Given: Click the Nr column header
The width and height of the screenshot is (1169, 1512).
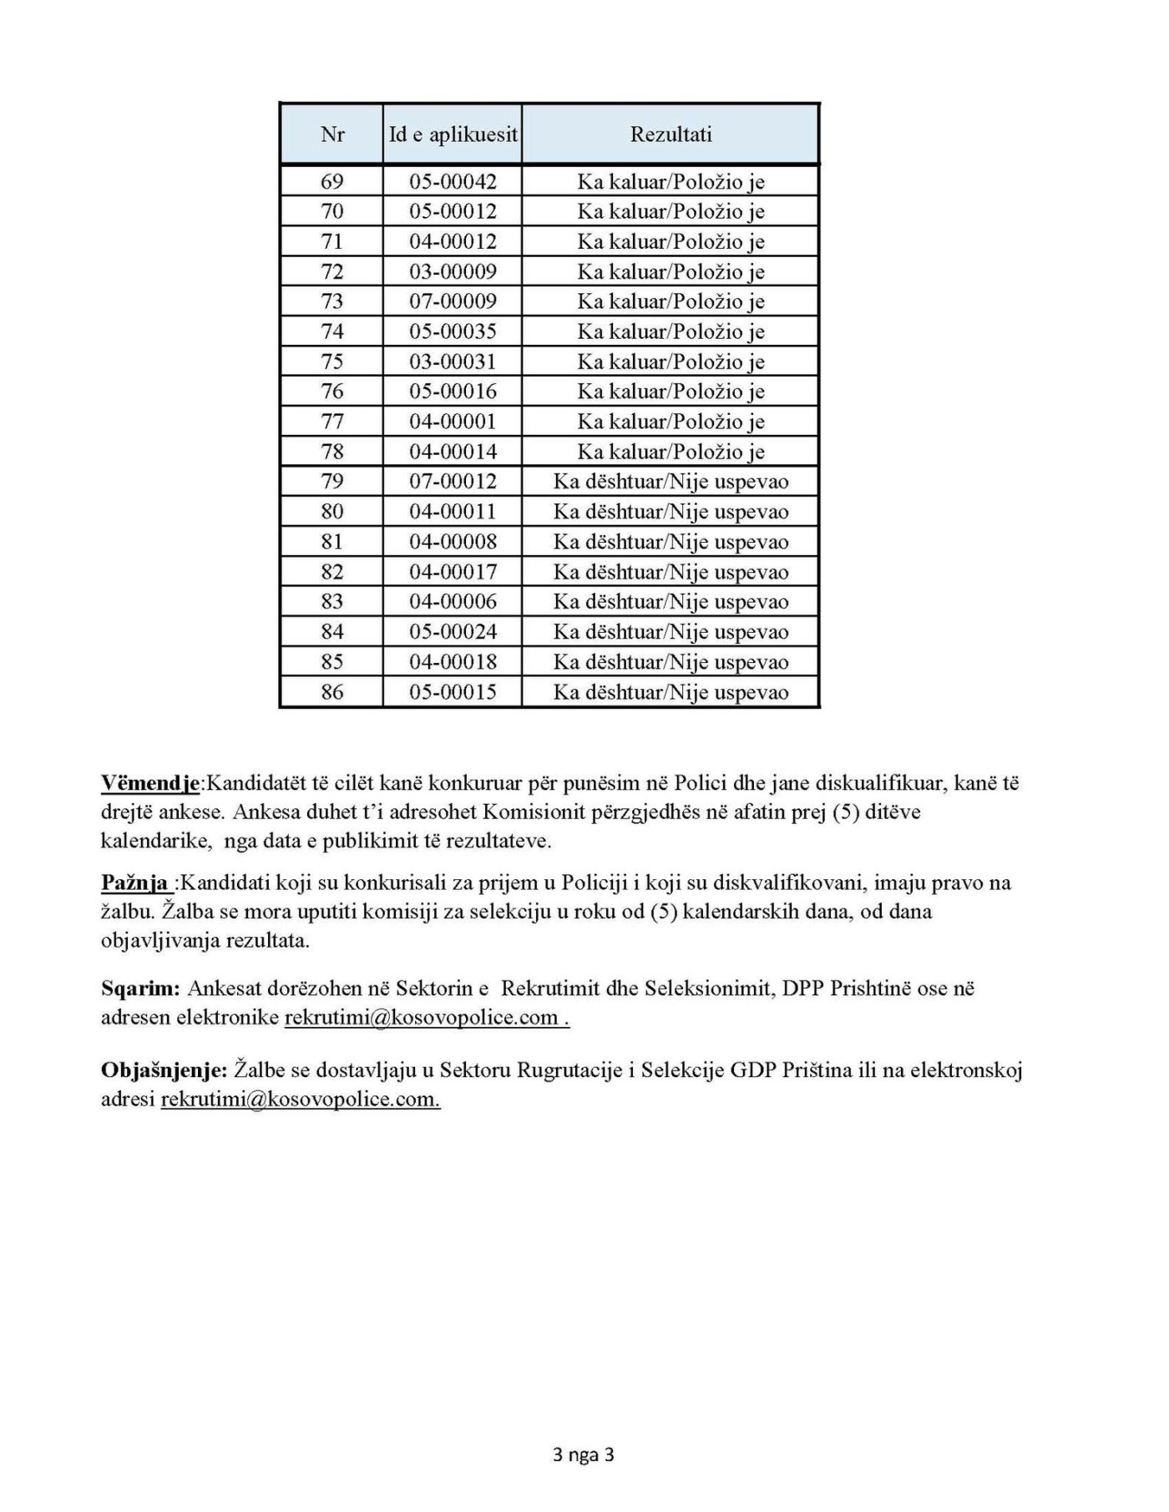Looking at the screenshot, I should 331,134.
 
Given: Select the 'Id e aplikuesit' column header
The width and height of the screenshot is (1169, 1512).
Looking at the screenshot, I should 453,134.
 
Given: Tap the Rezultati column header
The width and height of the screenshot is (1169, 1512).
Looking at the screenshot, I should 671,134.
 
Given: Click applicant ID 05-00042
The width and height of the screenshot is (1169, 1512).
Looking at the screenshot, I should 453,182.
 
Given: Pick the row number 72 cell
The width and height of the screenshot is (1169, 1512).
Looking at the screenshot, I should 331,272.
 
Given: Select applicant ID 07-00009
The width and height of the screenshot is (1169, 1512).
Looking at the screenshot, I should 453,301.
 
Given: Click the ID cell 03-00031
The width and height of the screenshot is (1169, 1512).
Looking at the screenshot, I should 453,362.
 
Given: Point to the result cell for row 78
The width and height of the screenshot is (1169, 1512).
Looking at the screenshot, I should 671,452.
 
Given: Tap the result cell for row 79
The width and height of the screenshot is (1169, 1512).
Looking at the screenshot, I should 671,482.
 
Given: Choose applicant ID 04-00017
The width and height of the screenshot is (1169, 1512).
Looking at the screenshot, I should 453,572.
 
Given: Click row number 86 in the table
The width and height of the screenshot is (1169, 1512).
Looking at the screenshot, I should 331,692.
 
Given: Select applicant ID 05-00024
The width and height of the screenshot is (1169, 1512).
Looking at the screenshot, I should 453,632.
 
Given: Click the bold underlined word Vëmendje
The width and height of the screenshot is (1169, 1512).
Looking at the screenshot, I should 150,784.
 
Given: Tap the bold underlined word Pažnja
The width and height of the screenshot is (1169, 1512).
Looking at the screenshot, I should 136,883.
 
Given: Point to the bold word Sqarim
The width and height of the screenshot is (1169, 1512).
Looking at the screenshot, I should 140,989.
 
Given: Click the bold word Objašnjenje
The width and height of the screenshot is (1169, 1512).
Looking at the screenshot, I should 164,1070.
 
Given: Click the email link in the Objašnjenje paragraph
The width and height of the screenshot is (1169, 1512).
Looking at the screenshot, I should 300,1100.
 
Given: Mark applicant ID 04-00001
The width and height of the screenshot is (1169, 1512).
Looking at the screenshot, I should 453,422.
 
